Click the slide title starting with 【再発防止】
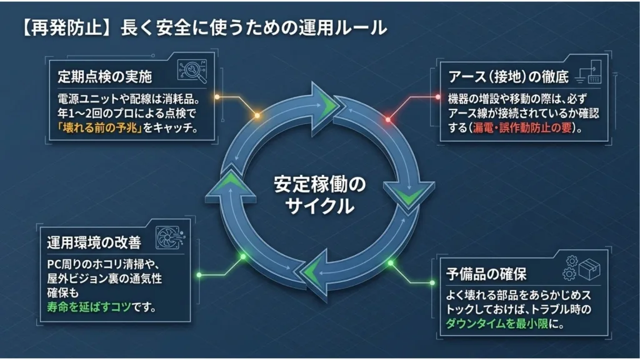[x=204, y=28]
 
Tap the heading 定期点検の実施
[x=105, y=76]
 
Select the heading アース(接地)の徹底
[x=508, y=76]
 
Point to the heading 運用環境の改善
[x=94, y=242]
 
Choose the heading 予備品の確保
[x=486, y=274]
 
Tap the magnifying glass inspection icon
[x=192, y=71]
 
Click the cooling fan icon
[x=170, y=237]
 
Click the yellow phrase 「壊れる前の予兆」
[x=99, y=127]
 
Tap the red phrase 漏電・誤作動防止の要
[x=522, y=127]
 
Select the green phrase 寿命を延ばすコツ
[x=89, y=306]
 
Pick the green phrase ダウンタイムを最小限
[x=497, y=324]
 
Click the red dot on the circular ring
[x=388, y=119]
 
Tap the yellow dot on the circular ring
[x=257, y=116]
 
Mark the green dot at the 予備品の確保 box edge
[x=432, y=282]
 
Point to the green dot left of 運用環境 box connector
[x=199, y=275]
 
